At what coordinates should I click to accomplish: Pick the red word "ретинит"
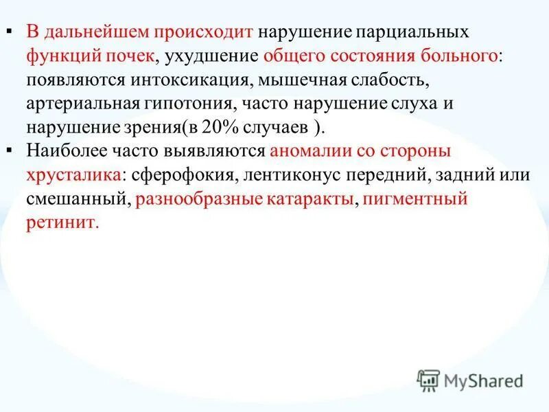(62, 223)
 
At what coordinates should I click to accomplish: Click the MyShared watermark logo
(470, 380)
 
